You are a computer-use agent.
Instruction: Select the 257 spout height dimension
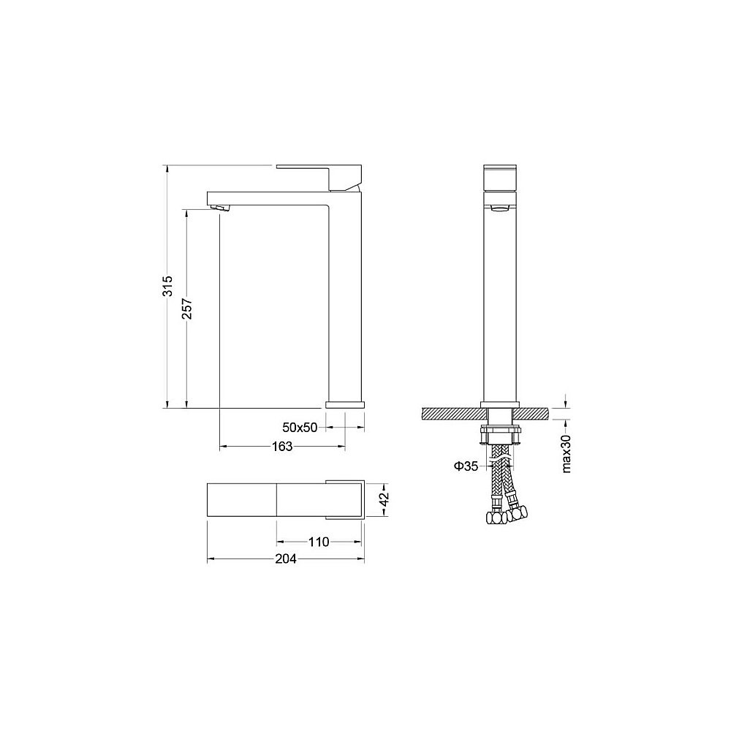click(187, 308)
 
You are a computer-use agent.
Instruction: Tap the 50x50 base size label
click(300, 427)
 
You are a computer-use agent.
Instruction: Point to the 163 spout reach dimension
click(282, 446)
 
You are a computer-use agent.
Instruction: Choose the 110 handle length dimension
click(319, 542)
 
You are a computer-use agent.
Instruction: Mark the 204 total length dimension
click(285, 558)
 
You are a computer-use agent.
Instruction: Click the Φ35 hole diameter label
click(465, 466)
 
